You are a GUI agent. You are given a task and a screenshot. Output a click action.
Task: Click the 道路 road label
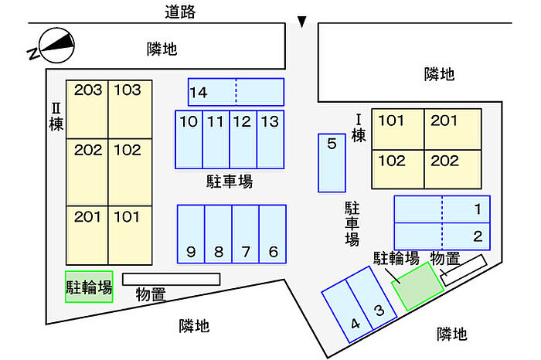click(180, 12)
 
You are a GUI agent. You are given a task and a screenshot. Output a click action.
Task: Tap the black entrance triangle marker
click(302, 22)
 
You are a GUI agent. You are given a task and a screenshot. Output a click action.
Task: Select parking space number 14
click(236, 92)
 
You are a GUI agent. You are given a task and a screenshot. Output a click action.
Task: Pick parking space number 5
click(332, 163)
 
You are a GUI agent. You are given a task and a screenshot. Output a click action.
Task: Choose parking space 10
click(189, 140)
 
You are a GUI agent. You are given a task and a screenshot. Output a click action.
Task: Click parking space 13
click(270, 140)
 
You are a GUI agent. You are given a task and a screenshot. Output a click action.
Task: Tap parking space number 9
click(191, 234)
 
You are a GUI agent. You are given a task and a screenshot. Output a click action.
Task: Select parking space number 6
click(273, 234)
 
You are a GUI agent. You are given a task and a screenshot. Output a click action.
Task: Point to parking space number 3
click(372, 297)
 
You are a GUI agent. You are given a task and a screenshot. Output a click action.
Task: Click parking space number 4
click(348, 311)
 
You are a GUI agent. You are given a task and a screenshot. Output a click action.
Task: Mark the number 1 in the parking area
click(478, 209)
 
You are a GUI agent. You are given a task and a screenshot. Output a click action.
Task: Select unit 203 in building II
click(87, 109)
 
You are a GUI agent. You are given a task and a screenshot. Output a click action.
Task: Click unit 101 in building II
click(130, 236)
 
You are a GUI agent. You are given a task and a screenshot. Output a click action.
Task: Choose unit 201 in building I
click(452, 129)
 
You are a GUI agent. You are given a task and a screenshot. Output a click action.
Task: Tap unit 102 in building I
click(398, 169)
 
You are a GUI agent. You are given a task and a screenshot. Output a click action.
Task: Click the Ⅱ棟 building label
click(56, 117)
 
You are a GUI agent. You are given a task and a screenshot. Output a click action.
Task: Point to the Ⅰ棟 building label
click(359, 128)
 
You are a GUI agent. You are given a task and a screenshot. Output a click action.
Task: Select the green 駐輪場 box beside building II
click(89, 287)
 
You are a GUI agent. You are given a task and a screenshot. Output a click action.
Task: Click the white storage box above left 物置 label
click(171, 280)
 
